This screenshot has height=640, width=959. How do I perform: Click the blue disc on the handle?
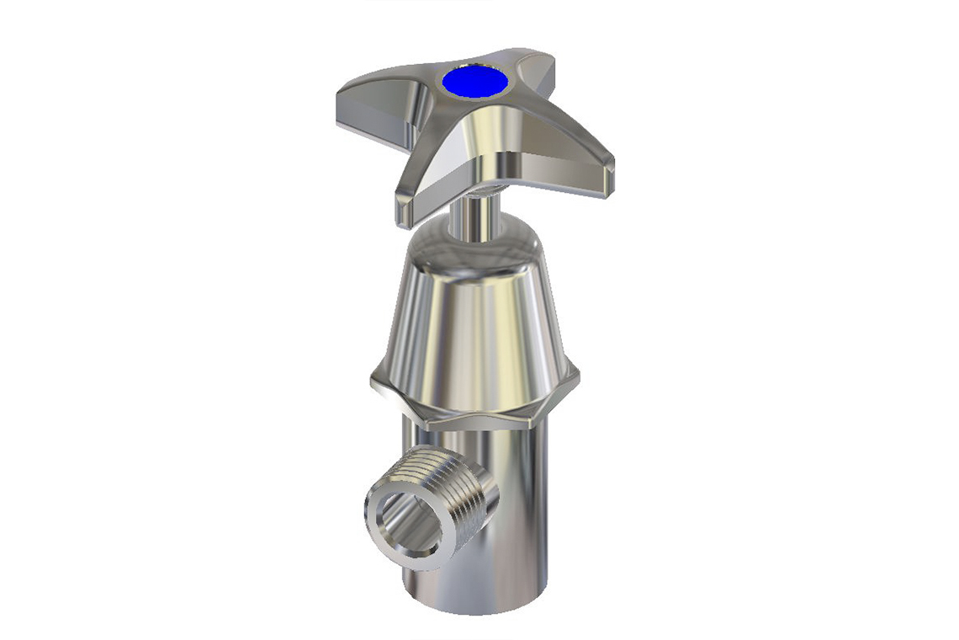[475, 83]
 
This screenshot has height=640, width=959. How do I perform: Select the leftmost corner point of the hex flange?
[373, 383]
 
